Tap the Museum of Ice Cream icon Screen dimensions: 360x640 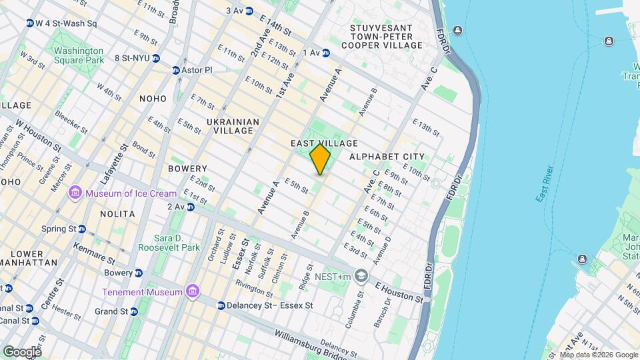point(75,193)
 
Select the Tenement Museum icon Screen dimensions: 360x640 point(192,292)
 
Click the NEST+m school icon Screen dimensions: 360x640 point(361,275)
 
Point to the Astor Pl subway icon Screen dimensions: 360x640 point(176,70)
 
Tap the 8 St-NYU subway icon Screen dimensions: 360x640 point(155,58)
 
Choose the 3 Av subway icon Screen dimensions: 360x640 point(249,11)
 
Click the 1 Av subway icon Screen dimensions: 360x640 point(326,53)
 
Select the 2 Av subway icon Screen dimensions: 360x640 point(190,207)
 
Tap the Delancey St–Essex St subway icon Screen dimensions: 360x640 point(221,305)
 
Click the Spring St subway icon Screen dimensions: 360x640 point(82,229)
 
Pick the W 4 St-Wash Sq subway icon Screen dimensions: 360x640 point(30,23)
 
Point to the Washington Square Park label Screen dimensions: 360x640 point(79,55)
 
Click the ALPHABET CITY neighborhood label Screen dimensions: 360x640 point(387,157)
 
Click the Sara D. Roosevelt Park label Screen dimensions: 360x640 point(169,243)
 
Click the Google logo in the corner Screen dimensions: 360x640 point(22,351)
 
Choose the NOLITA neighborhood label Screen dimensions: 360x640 point(117,214)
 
